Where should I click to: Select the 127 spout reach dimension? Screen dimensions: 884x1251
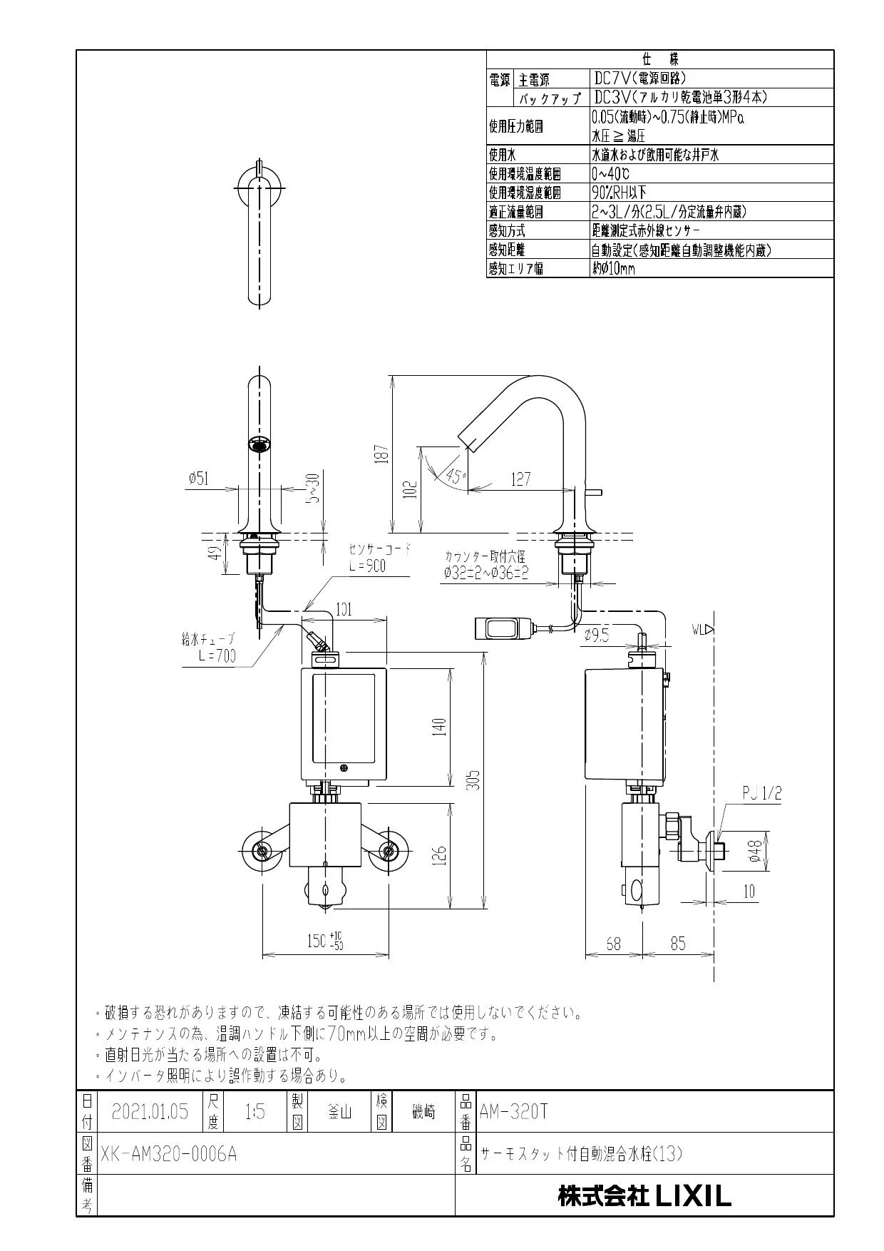pos(520,479)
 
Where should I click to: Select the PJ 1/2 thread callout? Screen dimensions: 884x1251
pos(761,792)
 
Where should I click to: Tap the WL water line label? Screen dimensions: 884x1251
pos(702,630)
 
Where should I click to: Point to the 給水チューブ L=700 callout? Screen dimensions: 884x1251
pos(208,648)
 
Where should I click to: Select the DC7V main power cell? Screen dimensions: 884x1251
pos(640,78)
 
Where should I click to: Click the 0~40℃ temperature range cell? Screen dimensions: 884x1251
pos(610,173)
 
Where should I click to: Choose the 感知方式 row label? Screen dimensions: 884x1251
pos(507,230)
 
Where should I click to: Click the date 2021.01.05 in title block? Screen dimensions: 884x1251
pos(150,1112)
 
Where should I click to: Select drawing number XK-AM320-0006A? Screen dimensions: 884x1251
pos(168,1153)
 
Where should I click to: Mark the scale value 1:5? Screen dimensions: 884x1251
pos(255,1112)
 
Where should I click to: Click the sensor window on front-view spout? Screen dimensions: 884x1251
pos(259,445)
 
